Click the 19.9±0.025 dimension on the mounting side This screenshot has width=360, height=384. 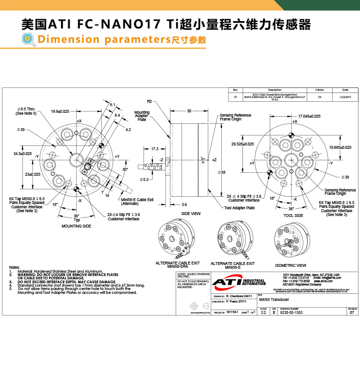click(60, 111)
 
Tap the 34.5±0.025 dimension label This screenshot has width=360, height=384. click(22, 154)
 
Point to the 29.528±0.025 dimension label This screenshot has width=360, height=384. click(242, 144)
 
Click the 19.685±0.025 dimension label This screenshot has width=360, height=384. click(340, 147)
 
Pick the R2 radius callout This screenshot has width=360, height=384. click(149, 102)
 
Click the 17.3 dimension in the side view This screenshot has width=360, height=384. click(155, 149)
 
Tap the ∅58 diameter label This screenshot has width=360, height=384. click(222, 172)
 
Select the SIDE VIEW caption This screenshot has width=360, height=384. click(191, 214)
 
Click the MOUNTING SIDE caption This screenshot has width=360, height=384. click(76, 226)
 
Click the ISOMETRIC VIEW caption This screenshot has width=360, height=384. click(290, 265)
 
